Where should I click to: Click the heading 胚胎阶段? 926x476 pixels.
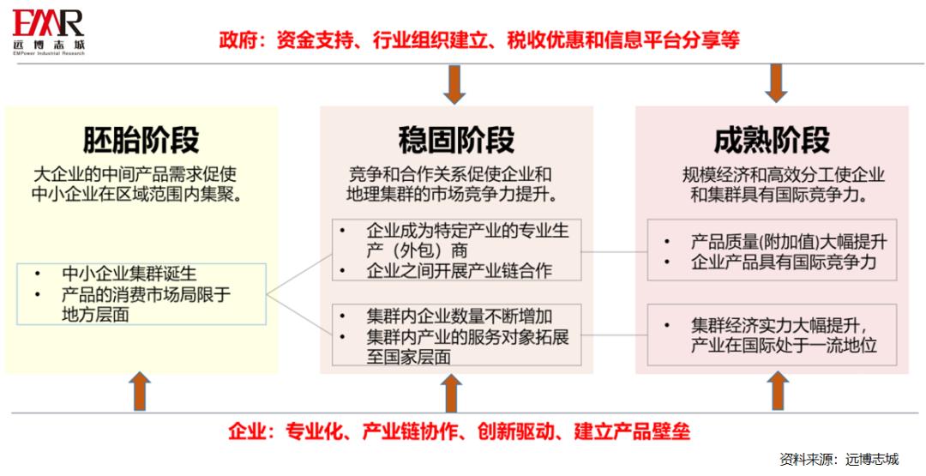(141, 140)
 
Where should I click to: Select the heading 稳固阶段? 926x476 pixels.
(456, 140)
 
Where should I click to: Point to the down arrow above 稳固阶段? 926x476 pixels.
(454, 84)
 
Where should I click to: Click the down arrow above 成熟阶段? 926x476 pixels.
(776, 84)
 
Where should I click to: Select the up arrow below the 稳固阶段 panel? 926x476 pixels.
(453, 392)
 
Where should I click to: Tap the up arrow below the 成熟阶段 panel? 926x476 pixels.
(779, 391)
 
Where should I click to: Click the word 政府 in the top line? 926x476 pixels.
(237, 39)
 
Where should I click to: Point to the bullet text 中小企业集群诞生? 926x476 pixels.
(129, 274)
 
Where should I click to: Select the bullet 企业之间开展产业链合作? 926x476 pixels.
(459, 271)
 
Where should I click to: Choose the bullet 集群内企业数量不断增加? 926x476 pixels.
(460, 316)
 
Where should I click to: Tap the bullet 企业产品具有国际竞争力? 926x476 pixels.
(784, 262)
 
